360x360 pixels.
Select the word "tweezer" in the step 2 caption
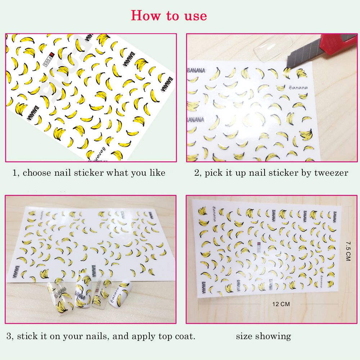331,173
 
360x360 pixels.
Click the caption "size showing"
264,337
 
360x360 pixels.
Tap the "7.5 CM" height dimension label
347,251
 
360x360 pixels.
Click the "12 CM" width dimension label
281,304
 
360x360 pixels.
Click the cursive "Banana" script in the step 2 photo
298,87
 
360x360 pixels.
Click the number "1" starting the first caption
14,173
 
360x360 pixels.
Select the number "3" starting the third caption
9,337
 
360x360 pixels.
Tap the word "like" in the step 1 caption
157,173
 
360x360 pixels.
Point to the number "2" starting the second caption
197,173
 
